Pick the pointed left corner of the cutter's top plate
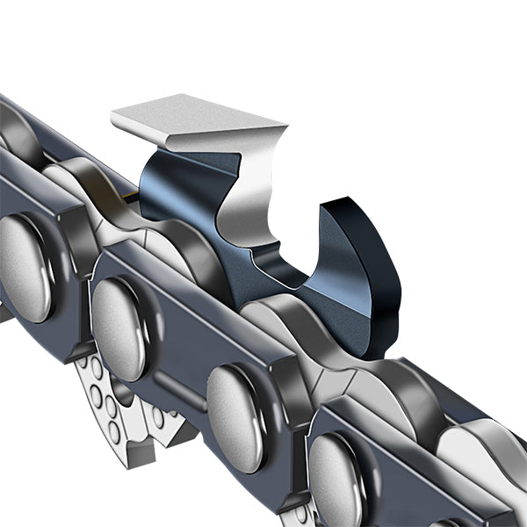(x=114, y=115)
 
